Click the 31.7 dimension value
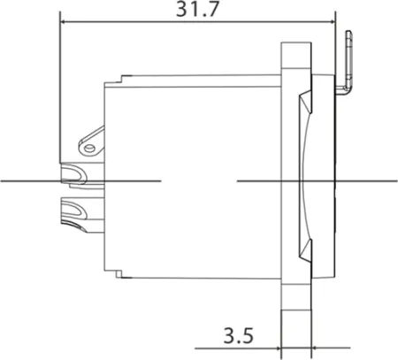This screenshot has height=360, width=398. pyautogui.click(x=197, y=10)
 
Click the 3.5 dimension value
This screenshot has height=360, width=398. pyautogui.click(x=239, y=335)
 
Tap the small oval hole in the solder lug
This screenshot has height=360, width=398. pyautogui.click(x=89, y=148)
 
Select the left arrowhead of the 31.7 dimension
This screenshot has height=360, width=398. pyautogui.click(x=63, y=22)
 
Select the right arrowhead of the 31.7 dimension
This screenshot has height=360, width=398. pyautogui.click(x=333, y=22)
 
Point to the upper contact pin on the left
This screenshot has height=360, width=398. pyautogui.click(x=73, y=175)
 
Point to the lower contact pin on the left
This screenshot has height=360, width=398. pyautogui.click(x=73, y=214)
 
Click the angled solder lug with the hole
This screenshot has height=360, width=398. pyautogui.click(x=91, y=142)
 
